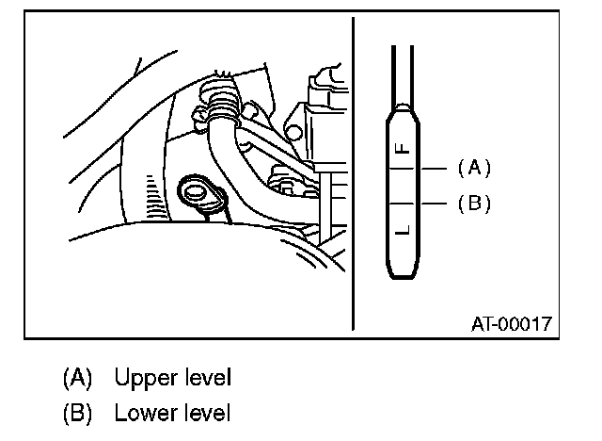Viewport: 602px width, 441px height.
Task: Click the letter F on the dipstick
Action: pos(402,149)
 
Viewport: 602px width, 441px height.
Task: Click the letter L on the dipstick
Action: pos(402,230)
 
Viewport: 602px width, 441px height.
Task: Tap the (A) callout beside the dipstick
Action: pos(474,168)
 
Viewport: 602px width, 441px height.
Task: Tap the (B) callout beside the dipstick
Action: pos(474,203)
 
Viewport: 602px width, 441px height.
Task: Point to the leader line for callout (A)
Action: pos(434,169)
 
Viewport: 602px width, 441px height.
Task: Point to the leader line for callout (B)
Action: pos(434,203)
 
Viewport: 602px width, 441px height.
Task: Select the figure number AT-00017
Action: pos(511,324)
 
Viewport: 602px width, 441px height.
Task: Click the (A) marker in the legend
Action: pos(77,379)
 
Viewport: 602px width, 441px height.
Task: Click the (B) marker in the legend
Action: pos(77,413)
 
